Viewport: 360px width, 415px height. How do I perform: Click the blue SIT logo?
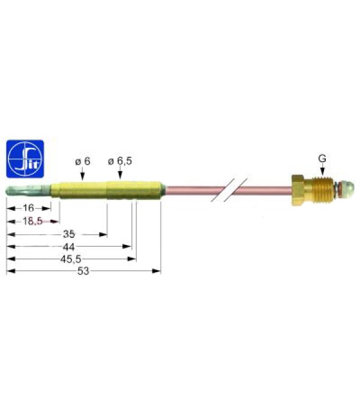pyautogui.click(x=25, y=159)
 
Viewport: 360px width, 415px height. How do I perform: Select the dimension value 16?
pyautogui.click(x=28, y=208)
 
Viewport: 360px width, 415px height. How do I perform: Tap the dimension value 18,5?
pyautogui.click(x=32, y=221)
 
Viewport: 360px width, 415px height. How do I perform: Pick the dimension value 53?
pyautogui.click(x=83, y=271)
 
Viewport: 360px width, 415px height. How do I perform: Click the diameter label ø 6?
pyautogui.click(x=82, y=162)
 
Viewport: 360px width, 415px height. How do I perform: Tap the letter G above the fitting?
pyautogui.click(x=322, y=159)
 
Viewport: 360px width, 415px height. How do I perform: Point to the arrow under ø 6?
pyautogui.click(x=82, y=175)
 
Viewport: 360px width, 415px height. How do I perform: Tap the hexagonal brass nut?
pyautogui.click(x=298, y=191)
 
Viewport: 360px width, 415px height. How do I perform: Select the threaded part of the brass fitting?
pyautogui.click(x=318, y=190)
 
